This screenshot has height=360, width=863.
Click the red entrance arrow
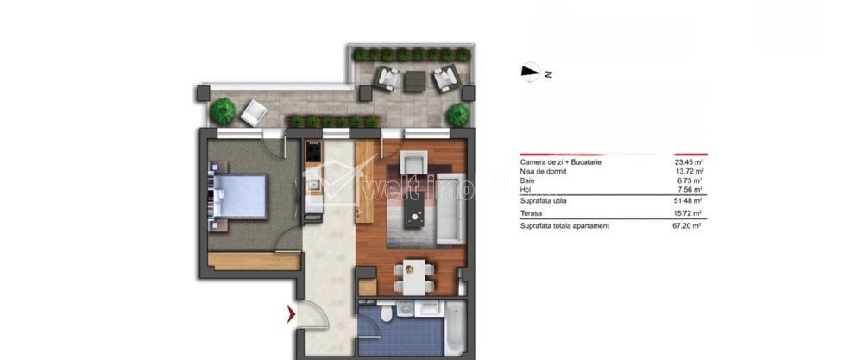coord(291,315)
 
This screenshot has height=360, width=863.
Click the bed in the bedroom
coord(238,197)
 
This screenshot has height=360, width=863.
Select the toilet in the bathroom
coord(388,314)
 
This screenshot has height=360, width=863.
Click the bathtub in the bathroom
coord(455,327)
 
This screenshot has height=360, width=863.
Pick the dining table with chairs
coord(413,277)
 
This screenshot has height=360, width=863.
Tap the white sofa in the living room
coord(454,207)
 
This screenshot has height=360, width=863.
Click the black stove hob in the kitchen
coord(313,151)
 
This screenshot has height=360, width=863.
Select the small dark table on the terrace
coord(415,81)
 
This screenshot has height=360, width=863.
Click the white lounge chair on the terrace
coord(254,113)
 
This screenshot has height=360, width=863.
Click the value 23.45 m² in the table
coord(689,162)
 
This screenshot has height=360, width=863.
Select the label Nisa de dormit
coord(543,171)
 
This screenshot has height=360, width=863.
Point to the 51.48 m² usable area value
coord(689,201)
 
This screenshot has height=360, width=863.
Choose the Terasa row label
coord(531,213)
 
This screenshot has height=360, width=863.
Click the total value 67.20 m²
coord(689,225)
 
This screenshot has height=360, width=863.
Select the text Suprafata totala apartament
coord(564,225)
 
